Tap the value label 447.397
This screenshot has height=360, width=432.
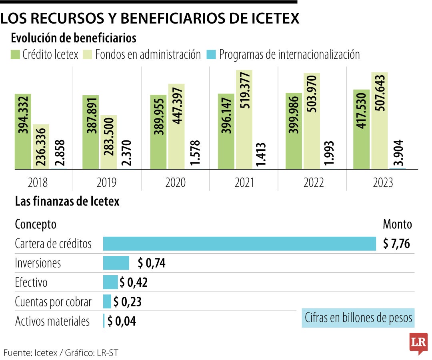point(176,110)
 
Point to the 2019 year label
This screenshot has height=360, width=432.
point(106,183)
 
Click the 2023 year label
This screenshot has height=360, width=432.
point(383,183)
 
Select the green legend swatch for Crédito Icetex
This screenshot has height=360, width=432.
point(15,55)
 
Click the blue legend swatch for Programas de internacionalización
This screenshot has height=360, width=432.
point(211,55)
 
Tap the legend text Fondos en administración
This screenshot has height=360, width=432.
point(148,54)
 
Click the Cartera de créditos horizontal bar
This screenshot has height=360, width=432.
point(239,244)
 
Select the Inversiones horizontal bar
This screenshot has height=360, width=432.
point(116,263)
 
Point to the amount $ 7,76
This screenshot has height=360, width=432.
point(396,244)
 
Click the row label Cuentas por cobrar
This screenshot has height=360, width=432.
point(53,302)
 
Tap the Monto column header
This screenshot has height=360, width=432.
point(397,224)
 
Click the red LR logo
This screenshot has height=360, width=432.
point(418,343)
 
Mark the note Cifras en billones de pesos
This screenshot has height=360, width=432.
point(358,318)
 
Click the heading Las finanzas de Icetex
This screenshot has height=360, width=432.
point(67,201)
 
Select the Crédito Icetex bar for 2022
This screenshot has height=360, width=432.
point(294,131)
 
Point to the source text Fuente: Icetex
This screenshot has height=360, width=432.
point(30,353)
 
